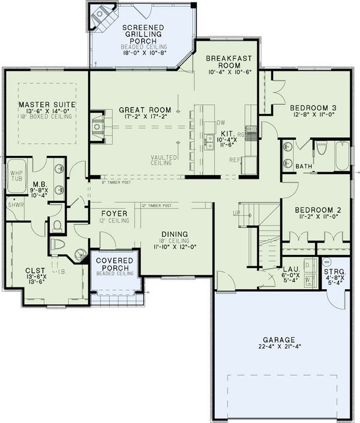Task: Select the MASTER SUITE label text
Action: pos(47,104)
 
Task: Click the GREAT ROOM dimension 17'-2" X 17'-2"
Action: pos(145,119)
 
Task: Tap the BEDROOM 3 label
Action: pos(311,108)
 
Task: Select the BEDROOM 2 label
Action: pos(318,209)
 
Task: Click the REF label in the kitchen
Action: pos(235,160)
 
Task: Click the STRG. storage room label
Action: pos(335,272)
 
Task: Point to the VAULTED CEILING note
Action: pos(163,160)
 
